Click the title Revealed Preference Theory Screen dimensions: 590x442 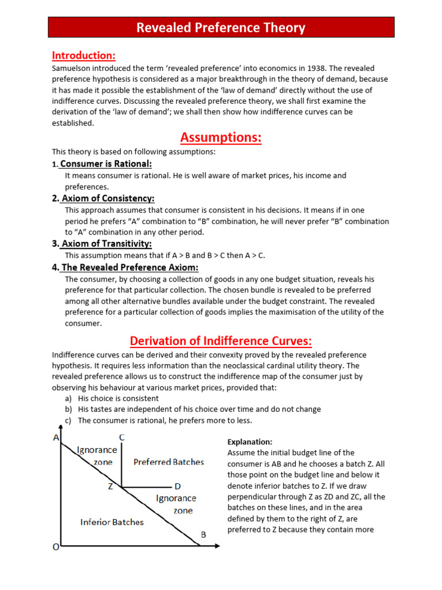[221, 28]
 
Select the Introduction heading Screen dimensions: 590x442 [83, 56]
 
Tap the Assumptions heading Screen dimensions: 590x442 [221, 138]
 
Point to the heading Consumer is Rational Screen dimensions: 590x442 [106, 164]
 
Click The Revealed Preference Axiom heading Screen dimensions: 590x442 [129, 267]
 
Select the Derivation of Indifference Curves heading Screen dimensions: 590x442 [221, 341]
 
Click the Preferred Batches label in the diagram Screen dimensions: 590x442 [169, 462]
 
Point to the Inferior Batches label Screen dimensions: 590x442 [112, 522]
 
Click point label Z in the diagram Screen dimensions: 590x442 [109, 487]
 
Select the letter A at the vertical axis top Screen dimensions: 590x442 [56, 437]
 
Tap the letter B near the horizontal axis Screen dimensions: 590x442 [203, 535]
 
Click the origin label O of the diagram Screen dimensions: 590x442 [56, 547]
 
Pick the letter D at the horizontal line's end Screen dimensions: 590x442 [177, 486]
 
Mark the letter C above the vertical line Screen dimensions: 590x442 [121, 438]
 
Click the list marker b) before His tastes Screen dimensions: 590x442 [68, 409]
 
